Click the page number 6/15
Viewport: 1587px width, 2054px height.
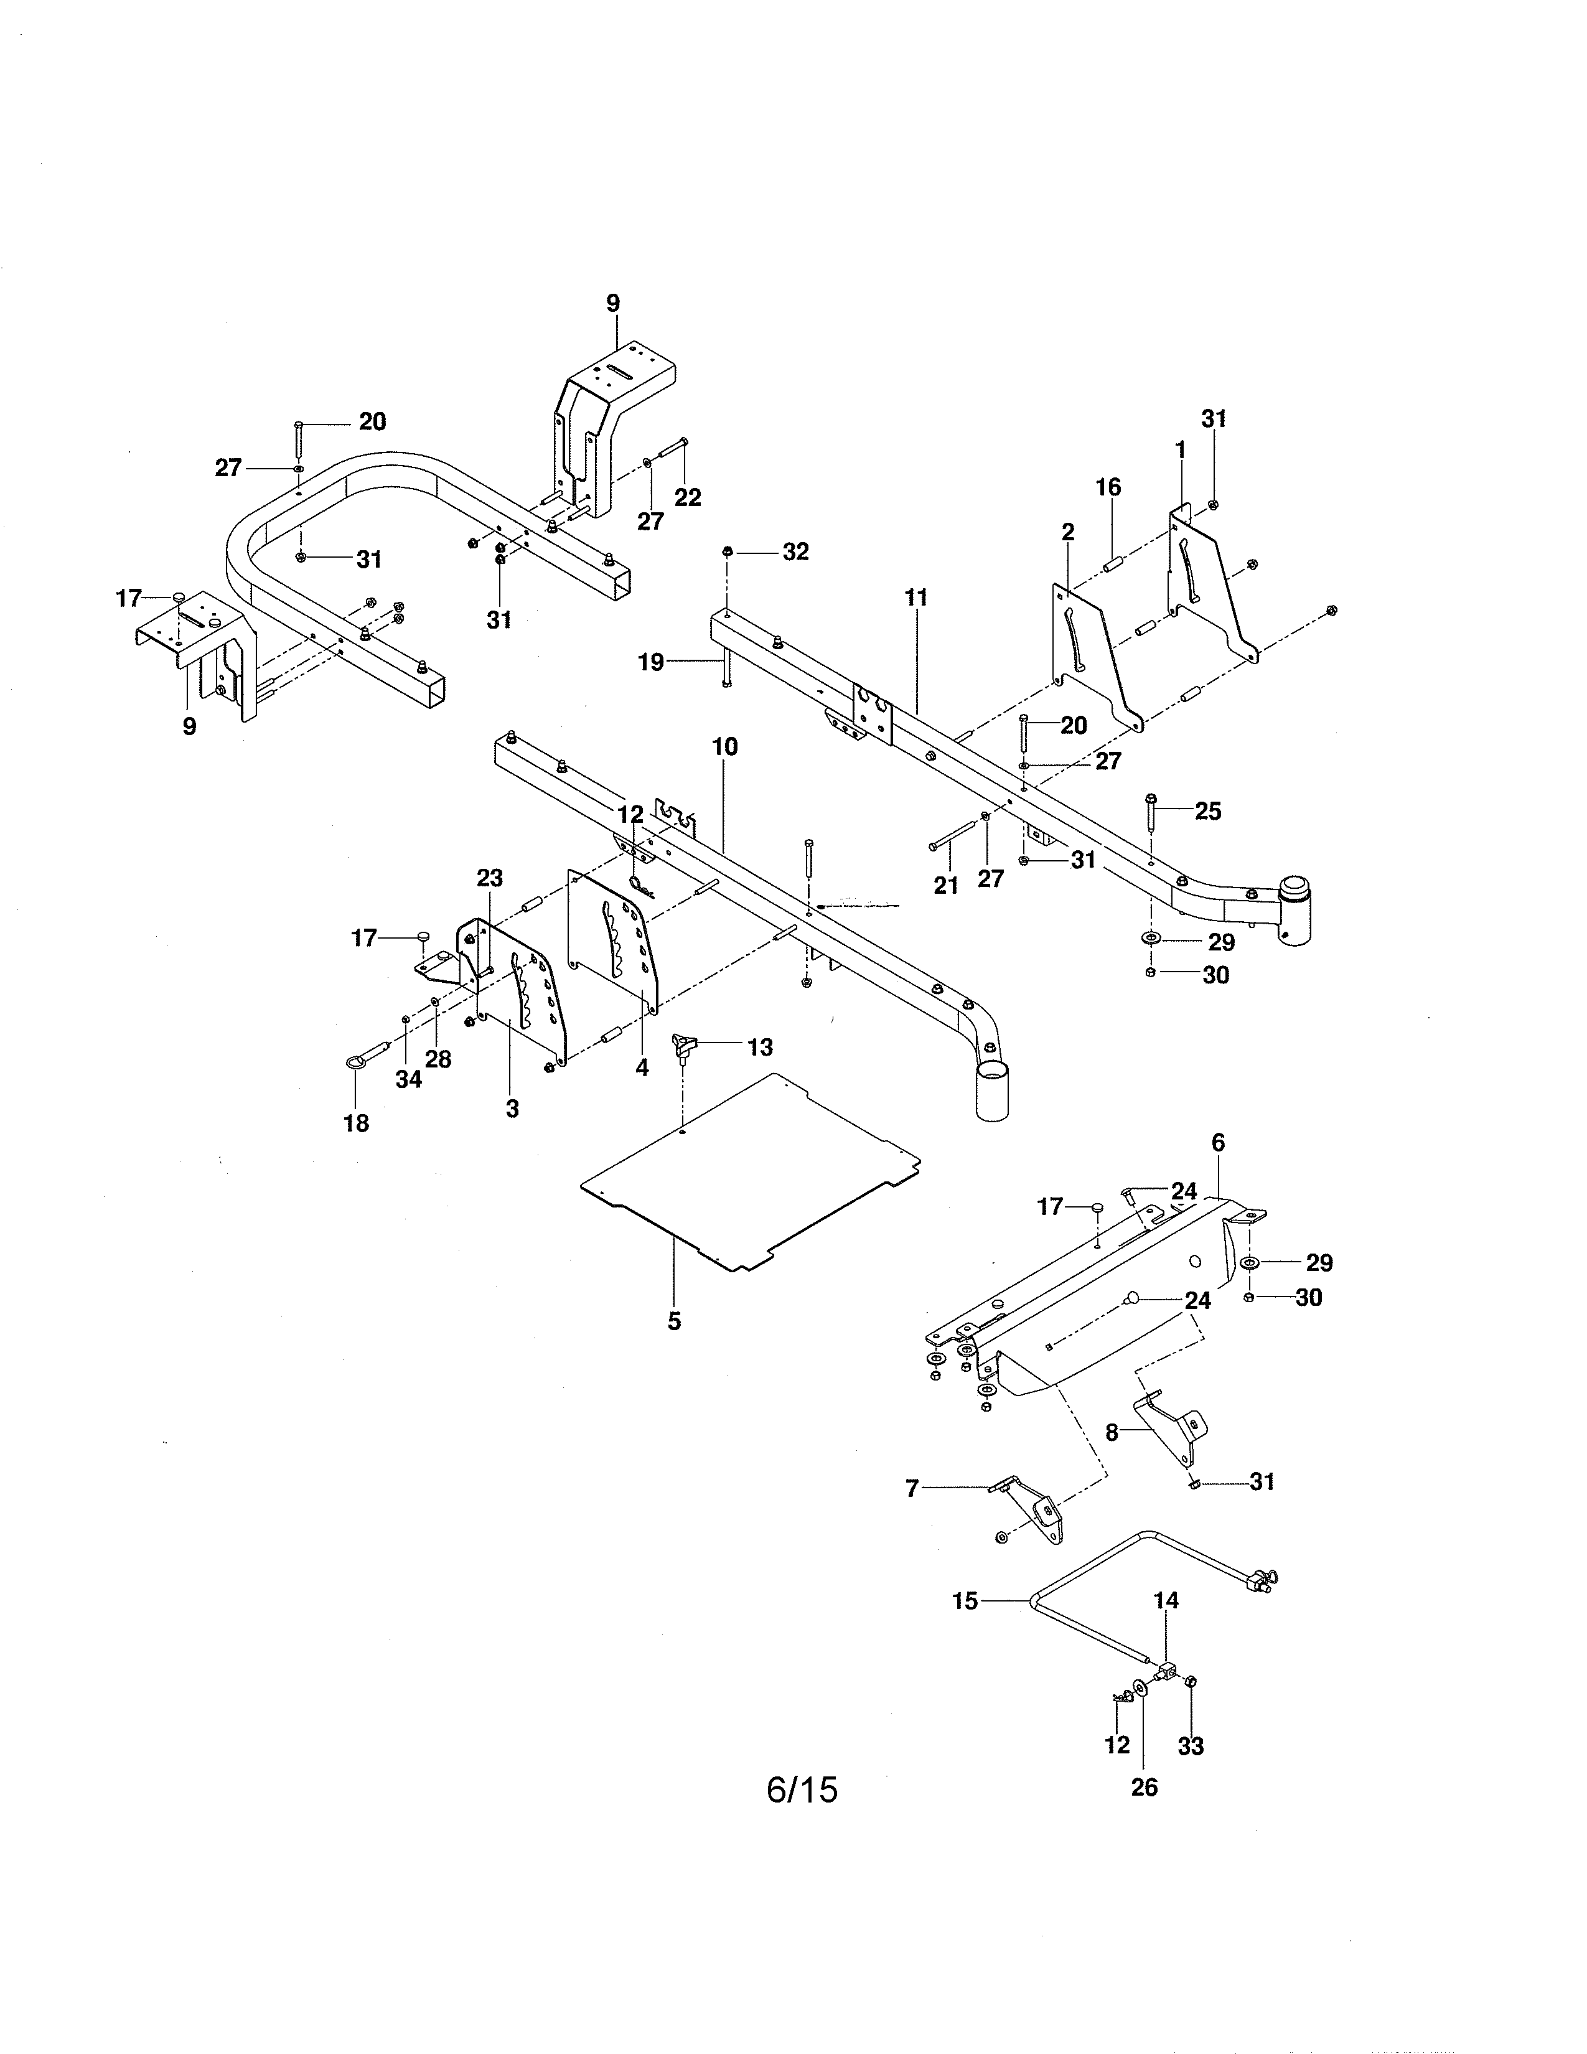click(x=801, y=1789)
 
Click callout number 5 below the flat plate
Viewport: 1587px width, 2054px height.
click(x=674, y=1321)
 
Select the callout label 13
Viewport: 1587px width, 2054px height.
click(x=760, y=1047)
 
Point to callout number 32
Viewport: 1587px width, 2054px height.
click(x=795, y=552)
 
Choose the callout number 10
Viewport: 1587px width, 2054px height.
click(x=725, y=747)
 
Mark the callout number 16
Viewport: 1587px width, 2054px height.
click(x=1108, y=487)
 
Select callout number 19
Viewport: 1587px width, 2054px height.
click(x=650, y=662)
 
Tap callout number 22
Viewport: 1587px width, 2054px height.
click(x=688, y=497)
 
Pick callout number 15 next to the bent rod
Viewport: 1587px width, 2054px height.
click(x=965, y=1601)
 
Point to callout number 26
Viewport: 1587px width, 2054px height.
click(x=1144, y=1787)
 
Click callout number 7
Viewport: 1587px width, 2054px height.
click(x=911, y=1489)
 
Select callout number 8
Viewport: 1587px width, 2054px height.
click(x=1112, y=1433)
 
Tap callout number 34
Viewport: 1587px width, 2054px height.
click(x=408, y=1080)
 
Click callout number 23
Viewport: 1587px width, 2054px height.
click(x=489, y=878)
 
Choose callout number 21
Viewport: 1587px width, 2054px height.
click(x=946, y=885)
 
